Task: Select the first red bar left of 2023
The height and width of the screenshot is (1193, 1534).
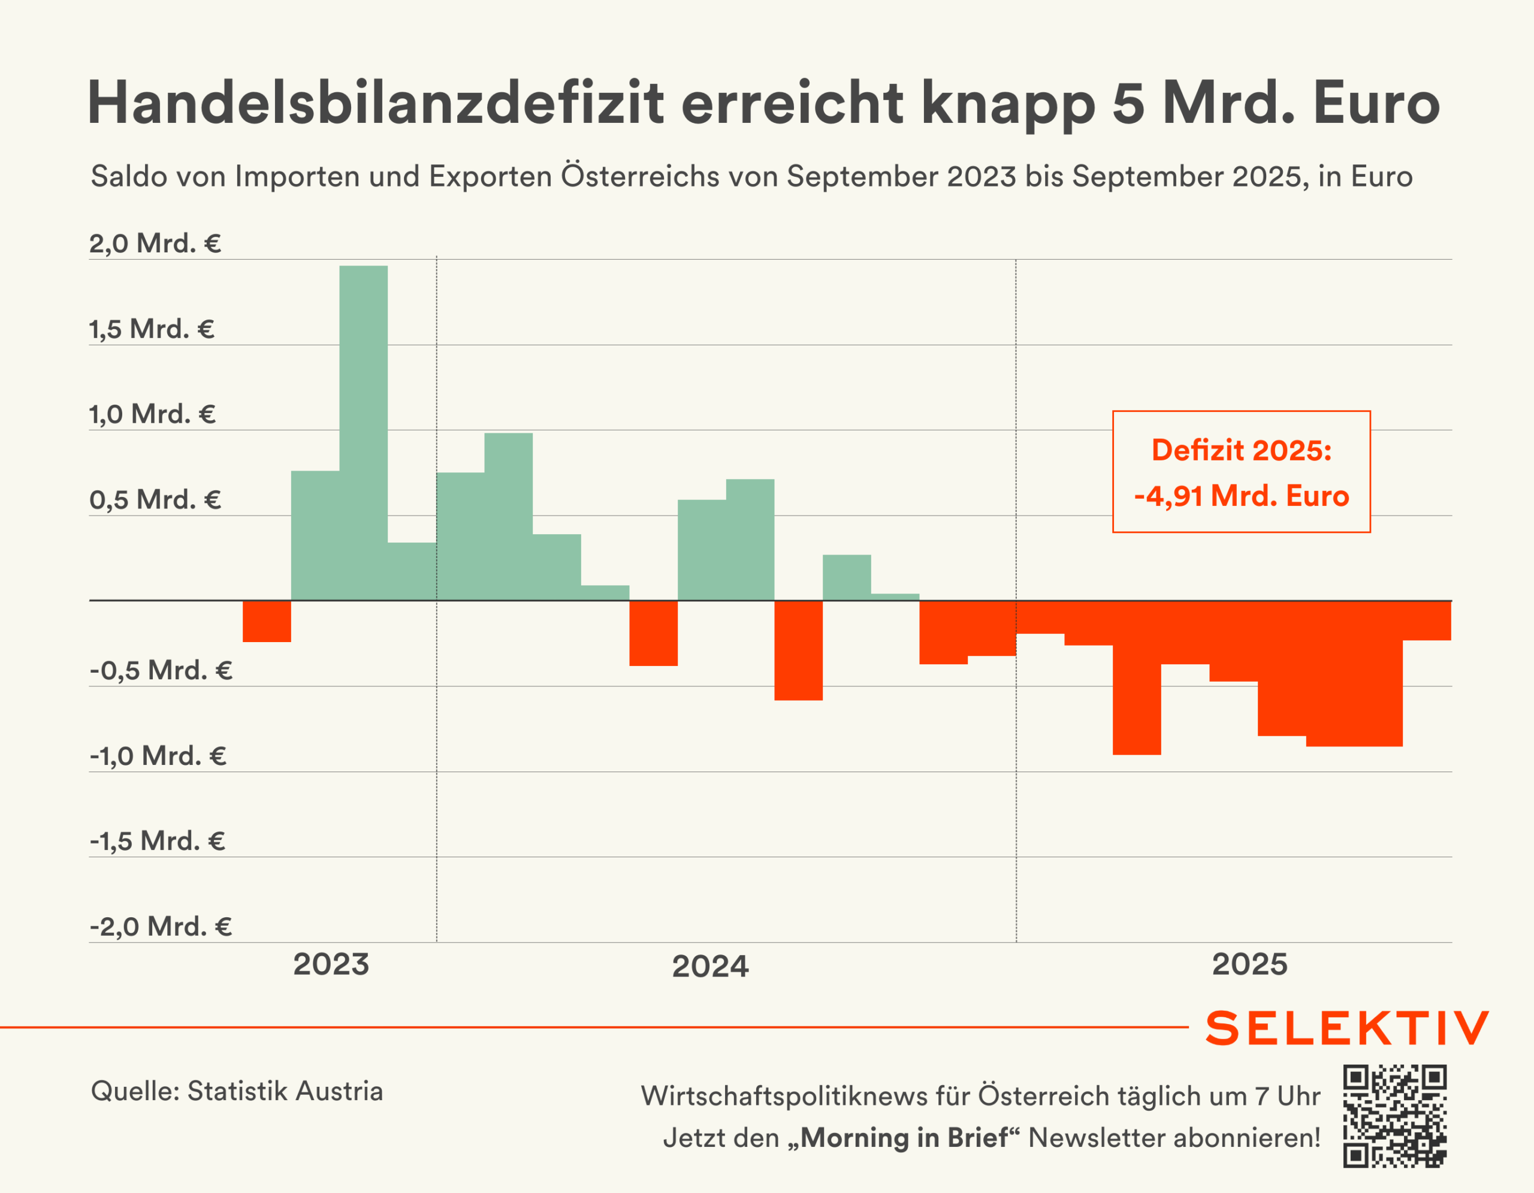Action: [x=267, y=621]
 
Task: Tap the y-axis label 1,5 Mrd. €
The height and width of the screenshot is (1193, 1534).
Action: [x=152, y=329]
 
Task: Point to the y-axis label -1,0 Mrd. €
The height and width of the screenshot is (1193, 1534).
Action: [x=158, y=756]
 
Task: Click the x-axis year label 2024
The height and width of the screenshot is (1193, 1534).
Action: [x=710, y=966]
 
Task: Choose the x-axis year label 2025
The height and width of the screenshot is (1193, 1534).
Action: [x=1249, y=964]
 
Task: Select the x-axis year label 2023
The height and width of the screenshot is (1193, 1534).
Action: [x=331, y=964]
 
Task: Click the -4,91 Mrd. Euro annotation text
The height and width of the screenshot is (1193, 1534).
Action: [x=1241, y=496]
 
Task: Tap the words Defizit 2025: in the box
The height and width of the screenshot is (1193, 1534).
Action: [x=1241, y=450]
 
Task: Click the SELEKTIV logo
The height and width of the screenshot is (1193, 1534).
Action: [x=1346, y=1029]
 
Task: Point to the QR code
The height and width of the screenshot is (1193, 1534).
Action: [x=1395, y=1116]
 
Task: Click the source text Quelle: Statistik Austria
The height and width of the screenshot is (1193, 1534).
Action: [x=237, y=1091]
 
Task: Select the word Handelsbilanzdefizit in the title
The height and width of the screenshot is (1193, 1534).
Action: [x=375, y=103]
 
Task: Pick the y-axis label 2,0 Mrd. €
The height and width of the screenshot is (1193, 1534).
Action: [x=155, y=244]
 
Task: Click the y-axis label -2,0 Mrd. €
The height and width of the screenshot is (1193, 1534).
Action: [x=161, y=927]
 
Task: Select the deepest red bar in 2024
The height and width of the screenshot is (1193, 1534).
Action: [x=799, y=650]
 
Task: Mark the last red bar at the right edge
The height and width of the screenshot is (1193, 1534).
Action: [x=1427, y=621]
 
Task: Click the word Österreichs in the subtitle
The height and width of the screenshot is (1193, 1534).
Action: [x=639, y=176]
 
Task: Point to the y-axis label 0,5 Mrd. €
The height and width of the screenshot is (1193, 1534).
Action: [x=155, y=499]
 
